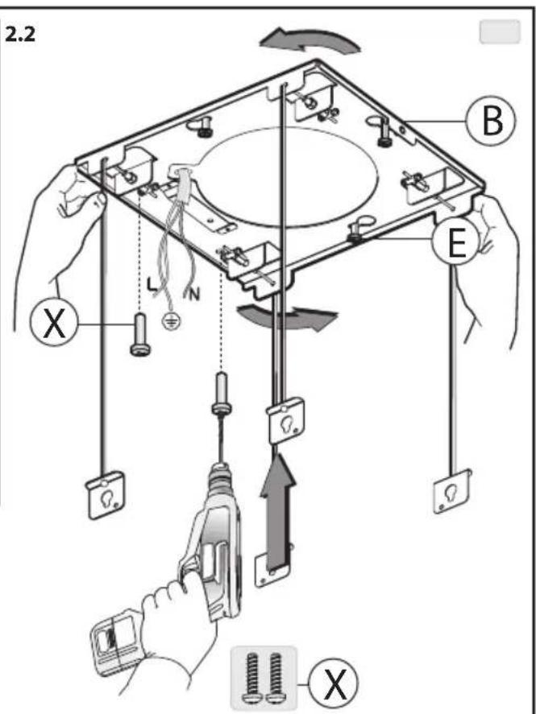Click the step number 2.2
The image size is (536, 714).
(x=19, y=35)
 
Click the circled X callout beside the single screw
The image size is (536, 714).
(x=54, y=322)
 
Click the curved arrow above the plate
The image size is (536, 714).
(x=310, y=40)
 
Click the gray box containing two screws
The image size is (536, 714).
(x=264, y=678)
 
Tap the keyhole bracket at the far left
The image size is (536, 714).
(x=106, y=495)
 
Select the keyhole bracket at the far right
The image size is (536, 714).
(x=451, y=491)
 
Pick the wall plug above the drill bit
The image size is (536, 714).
(x=222, y=393)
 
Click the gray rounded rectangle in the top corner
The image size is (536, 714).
(x=500, y=31)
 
